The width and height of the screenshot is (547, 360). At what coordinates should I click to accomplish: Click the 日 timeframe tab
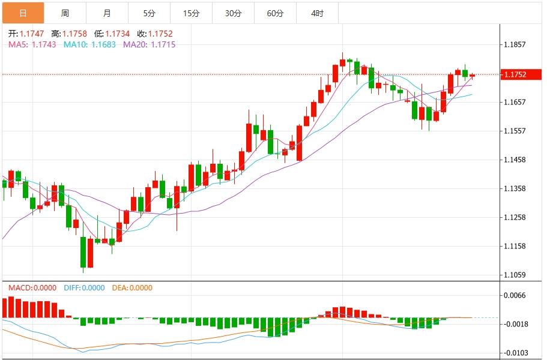pos(23,13)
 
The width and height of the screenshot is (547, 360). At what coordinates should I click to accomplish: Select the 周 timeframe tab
pos(65,13)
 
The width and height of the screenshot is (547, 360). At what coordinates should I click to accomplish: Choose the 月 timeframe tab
pos(107,13)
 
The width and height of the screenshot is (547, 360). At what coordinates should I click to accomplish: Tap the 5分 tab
pos(149,13)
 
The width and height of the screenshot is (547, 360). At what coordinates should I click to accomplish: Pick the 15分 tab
pos(191,13)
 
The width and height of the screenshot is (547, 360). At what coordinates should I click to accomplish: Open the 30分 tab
pos(233,13)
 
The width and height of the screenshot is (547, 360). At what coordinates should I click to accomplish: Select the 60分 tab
pos(275,13)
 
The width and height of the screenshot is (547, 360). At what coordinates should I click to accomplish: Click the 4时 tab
pos(318,13)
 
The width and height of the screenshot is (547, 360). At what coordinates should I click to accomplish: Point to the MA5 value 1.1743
pos(44,44)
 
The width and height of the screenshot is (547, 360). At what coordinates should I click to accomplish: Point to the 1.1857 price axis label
pos(516,44)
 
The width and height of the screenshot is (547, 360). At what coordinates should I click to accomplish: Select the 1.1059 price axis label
pos(516,275)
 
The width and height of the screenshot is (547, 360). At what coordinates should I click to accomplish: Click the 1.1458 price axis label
pos(516,160)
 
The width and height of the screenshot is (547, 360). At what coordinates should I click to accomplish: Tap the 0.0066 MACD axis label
pos(516,295)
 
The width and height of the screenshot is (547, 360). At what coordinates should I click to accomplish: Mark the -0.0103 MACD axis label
pos(516,353)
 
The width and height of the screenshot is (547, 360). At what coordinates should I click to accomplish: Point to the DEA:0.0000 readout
pos(132,288)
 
